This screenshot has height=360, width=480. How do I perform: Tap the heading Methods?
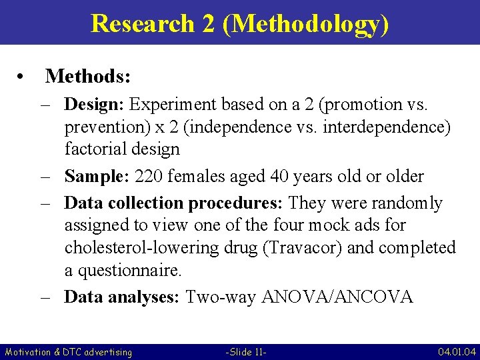[x=87, y=77]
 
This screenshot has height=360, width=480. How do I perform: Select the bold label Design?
[x=94, y=105]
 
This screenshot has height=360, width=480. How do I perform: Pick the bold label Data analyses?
[x=121, y=297]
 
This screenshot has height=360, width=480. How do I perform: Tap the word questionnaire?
[x=128, y=271]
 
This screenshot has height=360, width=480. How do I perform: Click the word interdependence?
[x=389, y=127]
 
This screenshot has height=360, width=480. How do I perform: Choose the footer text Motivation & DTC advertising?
[x=69, y=351]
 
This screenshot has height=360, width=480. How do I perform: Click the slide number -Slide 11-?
[x=247, y=351]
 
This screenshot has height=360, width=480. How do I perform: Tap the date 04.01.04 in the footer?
[x=456, y=351]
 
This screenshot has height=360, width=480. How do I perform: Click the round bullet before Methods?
[x=23, y=77]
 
